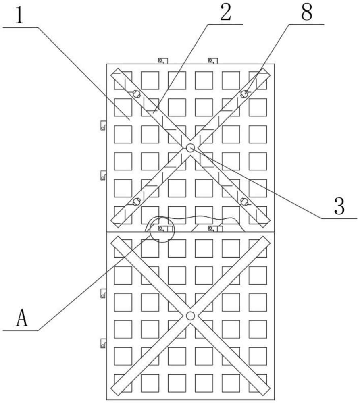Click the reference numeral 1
tap(19, 15)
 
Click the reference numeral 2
tap(225, 13)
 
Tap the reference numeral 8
tap(306, 12)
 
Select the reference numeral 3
tap(339, 206)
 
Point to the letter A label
tap(22, 318)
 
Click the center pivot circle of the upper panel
tap(190, 148)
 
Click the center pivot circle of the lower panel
tap(190, 316)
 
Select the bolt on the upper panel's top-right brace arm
tap(244, 94)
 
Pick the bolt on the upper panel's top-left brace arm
tap(136, 94)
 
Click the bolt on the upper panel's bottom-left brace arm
tap(136, 201)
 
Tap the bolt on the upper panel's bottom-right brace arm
tap(244, 201)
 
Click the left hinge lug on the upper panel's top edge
tap(162, 61)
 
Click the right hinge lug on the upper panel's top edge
tap(213, 61)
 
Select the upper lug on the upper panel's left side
tap(103, 125)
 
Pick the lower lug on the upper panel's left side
tap(103, 175)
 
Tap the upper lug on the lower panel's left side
tap(103, 293)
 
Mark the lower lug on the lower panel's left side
tap(103, 343)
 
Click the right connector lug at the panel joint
tap(215, 229)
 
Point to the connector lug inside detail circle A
tap(165, 229)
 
